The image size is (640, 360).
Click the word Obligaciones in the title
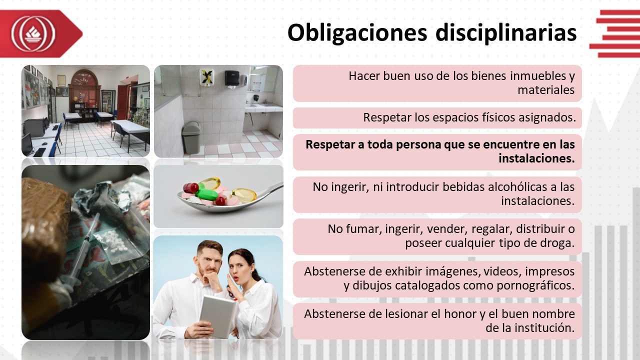point(357,33)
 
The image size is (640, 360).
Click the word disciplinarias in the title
point(506,33)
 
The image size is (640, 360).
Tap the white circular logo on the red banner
point(33,33)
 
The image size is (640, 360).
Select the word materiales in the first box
point(546,90)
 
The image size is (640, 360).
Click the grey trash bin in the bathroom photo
point(191,137)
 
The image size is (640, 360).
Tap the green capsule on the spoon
point(207,194)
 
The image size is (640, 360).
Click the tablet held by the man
point(217,315)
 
